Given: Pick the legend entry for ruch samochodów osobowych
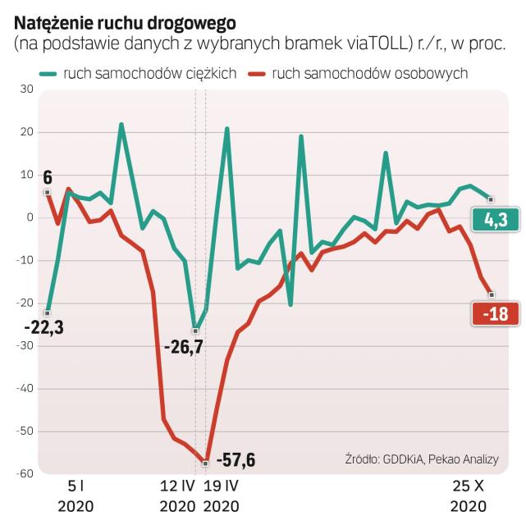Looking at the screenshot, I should [x=362, y=73].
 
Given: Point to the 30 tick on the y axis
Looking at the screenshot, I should [x=26, y=89].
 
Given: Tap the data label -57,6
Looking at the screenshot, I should [x=236, y=459].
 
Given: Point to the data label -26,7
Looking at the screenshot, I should [x=183, y=347].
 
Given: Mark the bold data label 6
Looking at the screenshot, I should [x=48, y=176].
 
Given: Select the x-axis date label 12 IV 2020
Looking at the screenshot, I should [x=177, y=495].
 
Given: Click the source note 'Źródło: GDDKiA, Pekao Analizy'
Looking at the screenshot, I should [x=421, y=459].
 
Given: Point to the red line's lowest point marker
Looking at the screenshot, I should [x=206, y=463].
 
